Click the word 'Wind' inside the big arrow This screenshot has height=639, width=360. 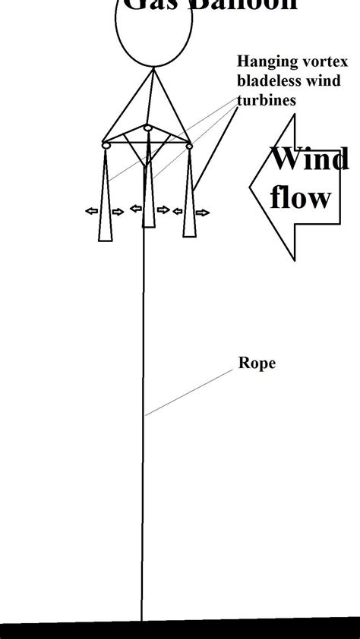[x=310, y=159]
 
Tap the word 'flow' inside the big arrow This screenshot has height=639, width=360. [x=301, y=197]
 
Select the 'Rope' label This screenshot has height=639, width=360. [x=257, y=363]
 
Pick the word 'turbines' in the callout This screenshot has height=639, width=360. [x=266, y=99]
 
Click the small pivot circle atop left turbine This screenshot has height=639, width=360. [x=106, y=144]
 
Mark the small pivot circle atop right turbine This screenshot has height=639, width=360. [x=189, y=144]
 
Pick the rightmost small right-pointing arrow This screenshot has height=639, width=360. [x=201, y=213]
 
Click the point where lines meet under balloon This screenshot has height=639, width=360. [x=154, y=68]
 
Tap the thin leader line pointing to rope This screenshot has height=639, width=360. [x=190, y=392]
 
